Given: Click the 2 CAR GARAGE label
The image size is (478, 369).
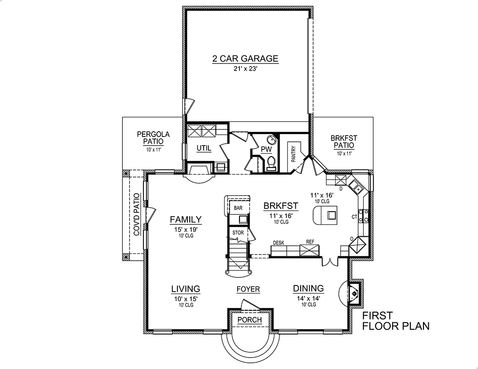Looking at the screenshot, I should (x=245, y=59).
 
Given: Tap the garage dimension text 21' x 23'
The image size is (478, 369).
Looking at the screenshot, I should (x=245, y=69).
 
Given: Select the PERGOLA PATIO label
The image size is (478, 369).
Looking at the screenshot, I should (x=151, y=138).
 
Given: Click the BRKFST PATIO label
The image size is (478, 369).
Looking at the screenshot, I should (x=343, y=142).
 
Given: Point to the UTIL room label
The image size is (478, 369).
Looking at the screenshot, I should (x=204, y=148).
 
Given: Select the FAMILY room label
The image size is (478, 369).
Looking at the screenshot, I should (x=185, y=220).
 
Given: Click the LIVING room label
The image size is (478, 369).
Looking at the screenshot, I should (x=185, y=289).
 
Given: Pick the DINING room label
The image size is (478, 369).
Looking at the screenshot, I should (x=308, y=288).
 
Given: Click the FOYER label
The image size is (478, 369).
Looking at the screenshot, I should (x=248, y=289).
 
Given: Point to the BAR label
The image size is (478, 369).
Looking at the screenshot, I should (x=238, y=208).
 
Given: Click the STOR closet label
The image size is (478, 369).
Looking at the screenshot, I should (x=238, y=233).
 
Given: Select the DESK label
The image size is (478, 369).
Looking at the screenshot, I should (x=278, y=242).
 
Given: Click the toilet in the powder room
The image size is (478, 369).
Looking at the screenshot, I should (x=271, y=163).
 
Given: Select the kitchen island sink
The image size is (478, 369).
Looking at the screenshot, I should (x=330, y=216).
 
